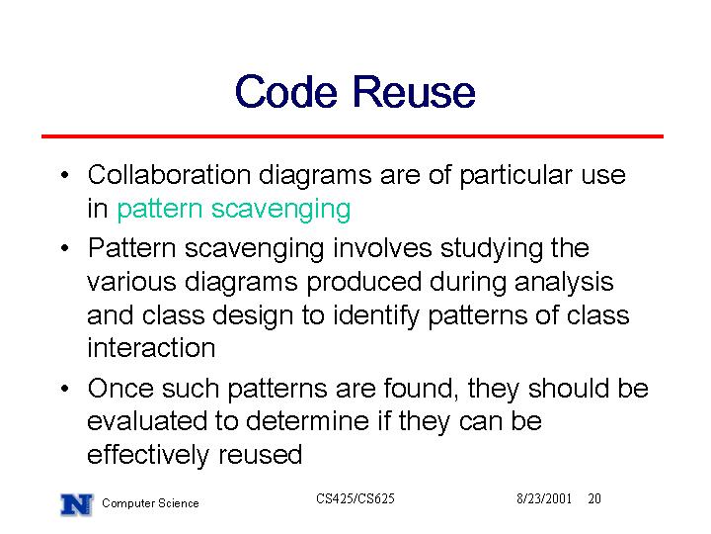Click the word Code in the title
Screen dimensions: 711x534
coord(286,92)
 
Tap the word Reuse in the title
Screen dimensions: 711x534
coord(414,92)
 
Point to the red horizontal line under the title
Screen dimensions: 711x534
coord(353,135)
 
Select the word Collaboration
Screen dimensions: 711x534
coord(169,175)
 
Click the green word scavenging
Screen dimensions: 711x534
coord(281,211)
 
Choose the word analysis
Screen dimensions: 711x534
coord(564,283)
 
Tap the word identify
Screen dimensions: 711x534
coord(376,316)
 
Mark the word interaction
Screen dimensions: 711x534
coord(151,348)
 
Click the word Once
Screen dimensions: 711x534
coord(120,389)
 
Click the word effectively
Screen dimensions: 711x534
coord(148,456)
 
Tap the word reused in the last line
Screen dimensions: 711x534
coord(261,455)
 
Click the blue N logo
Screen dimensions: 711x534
coord(77,504)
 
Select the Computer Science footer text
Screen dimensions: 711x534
coord(150,503)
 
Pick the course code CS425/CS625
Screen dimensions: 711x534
coord(355,498)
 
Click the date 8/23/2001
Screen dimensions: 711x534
coord(544,498)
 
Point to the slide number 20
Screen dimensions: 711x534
coord(594,498)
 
